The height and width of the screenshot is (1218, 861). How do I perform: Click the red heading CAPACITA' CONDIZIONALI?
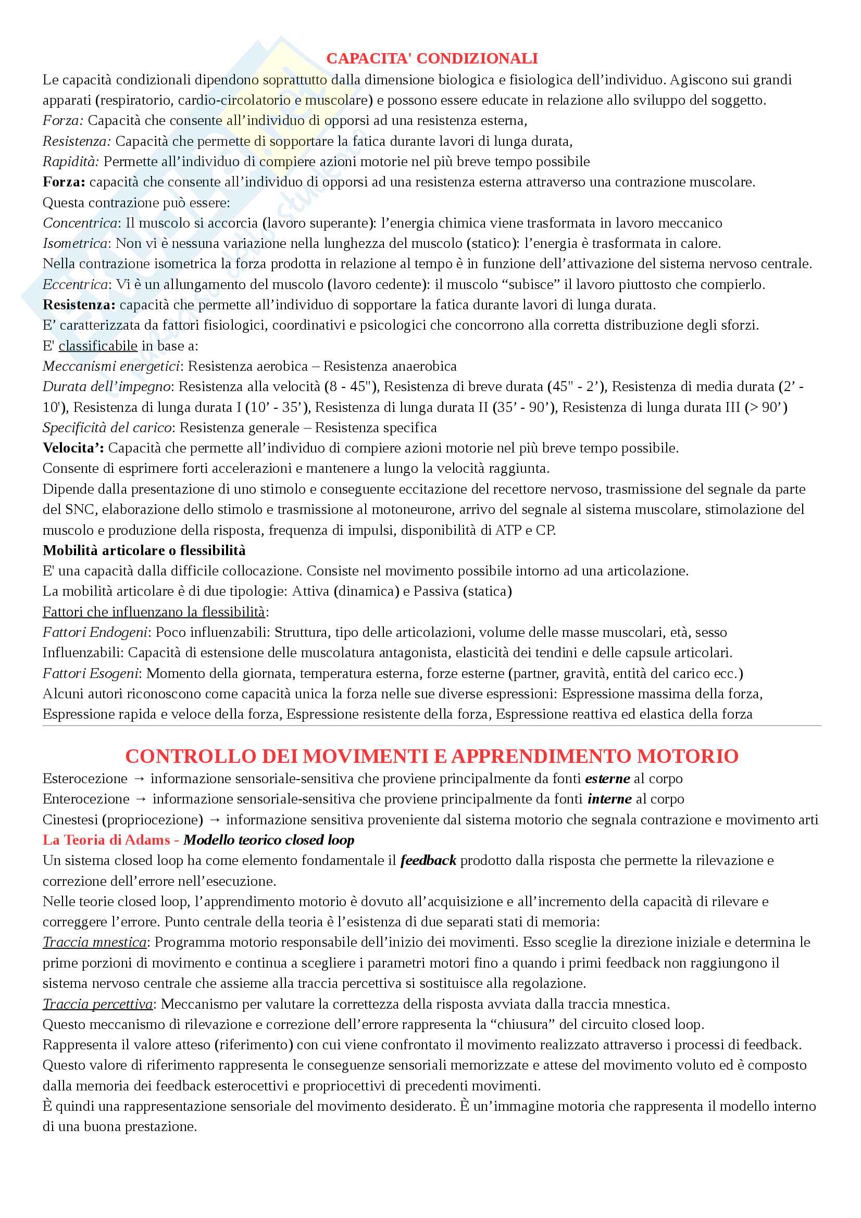click(x=431, y=58)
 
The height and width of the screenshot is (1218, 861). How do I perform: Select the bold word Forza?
click(x=64, y=182)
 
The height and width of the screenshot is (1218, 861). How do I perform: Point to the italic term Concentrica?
click(x=80, y=223)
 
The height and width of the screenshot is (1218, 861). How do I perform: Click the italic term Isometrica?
click(x=76, y=244)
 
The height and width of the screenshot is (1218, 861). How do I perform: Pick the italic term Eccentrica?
click(x=76, y=284)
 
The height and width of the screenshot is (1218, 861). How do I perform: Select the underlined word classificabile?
click(x=97, y=346)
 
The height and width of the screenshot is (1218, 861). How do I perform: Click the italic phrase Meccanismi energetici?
click(x=111, y=367)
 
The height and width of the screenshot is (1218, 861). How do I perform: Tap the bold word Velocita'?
click(x=73, y=448)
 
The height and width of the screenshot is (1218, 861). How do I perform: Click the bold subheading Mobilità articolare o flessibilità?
click(x=144, y=550)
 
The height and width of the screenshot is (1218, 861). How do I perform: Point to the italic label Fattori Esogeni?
click(x=90, y=674)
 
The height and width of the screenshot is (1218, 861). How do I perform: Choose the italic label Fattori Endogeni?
click(x=95, y=632)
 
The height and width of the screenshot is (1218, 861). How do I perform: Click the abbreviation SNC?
click(x=80, y=510)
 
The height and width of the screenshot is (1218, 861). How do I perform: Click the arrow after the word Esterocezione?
click(x=139, y=778)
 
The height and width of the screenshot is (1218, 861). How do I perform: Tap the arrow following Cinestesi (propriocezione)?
click(x=214, y=820)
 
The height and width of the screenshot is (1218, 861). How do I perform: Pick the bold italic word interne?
click(x=609, y=799)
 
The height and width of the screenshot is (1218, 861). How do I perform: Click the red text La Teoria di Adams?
click(x=106, y=840)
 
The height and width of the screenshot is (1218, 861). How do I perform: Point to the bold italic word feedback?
click(x=428, y=861)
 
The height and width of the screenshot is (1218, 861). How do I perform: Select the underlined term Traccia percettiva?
click(x=97, y=1004)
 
